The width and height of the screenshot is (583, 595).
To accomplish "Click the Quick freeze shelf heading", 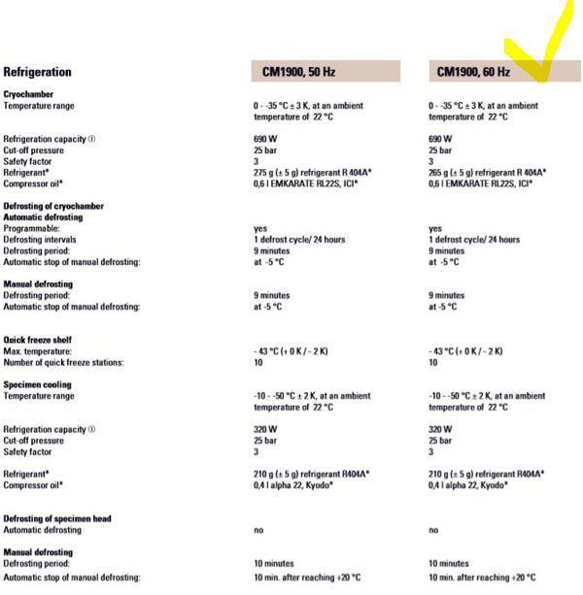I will (x=37, y=340).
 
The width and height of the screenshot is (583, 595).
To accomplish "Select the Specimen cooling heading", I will (x=38, y=384).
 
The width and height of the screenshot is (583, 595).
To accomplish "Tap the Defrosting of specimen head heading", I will (x=57, y=518).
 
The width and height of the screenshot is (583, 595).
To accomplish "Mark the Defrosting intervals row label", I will (x=44, y=240).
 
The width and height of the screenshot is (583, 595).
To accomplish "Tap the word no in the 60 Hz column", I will (x=433, y=530).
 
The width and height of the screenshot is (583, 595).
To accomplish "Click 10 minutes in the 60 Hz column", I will (x=448, y=563).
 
